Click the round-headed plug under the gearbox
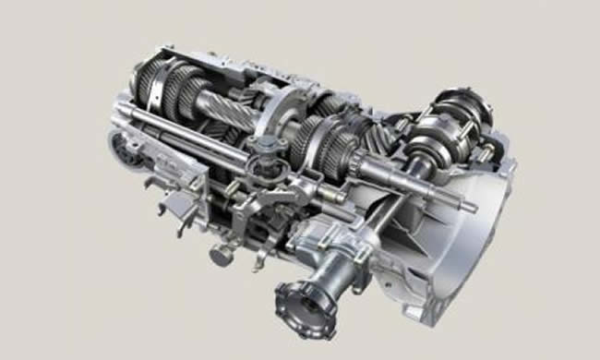pos(221,255)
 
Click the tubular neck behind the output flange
pos(337,268)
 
